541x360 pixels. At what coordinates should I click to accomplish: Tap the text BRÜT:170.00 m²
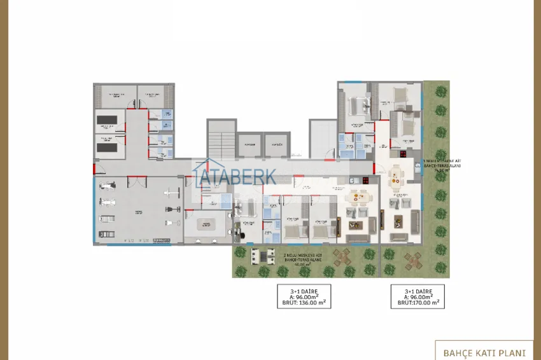[418, 302]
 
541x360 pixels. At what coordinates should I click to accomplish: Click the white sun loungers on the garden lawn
[261, 256]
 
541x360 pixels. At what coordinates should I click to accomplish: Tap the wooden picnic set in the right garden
[414, 260]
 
